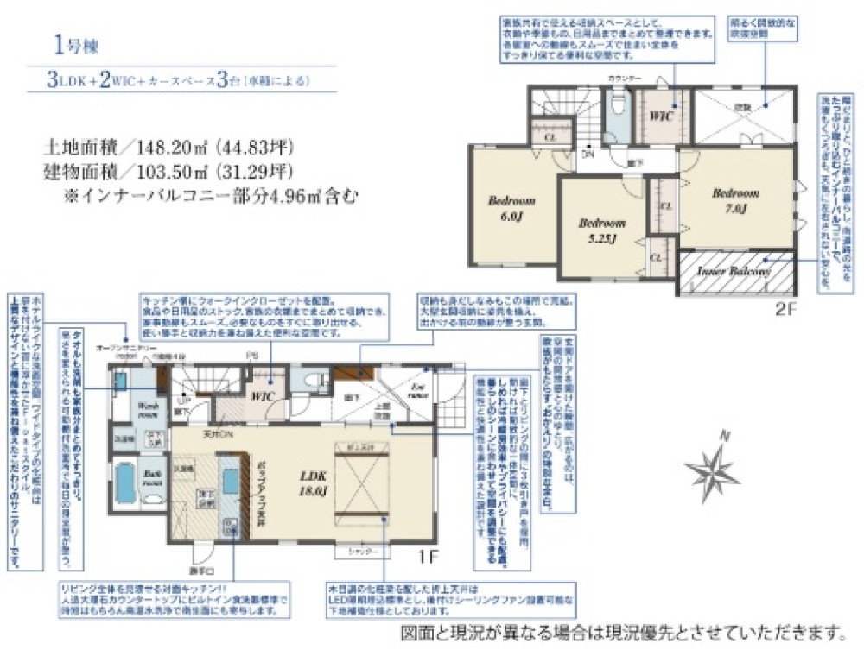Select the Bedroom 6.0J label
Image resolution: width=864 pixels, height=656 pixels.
(511, 207)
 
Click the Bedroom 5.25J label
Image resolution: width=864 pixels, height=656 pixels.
(601, 229)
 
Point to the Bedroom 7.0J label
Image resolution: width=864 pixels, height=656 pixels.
(735, 200)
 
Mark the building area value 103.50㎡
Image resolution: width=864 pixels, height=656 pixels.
(162, 171)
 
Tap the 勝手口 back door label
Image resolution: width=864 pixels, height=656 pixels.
(200, 571)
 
